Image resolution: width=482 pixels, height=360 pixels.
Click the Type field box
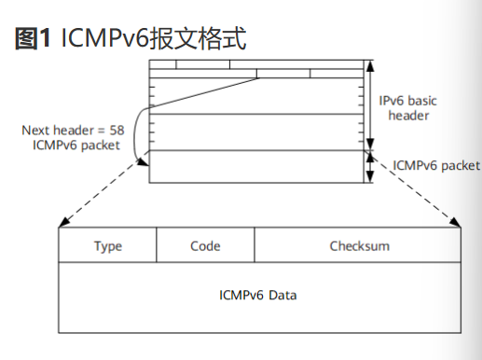click(108, 246)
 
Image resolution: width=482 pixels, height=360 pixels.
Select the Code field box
click(205, 246)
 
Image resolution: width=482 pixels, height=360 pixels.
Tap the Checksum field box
click(359, 246)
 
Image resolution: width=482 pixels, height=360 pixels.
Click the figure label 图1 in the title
click(33, 39)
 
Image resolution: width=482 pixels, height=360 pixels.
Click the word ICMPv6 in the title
click(98, 39)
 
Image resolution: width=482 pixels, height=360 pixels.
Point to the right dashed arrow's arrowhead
click(458, 223)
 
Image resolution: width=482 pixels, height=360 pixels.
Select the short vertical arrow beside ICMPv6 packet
click(370, 166)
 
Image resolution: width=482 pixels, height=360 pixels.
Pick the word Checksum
click(359, 246)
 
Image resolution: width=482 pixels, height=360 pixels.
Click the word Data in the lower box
click(283, 295)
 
